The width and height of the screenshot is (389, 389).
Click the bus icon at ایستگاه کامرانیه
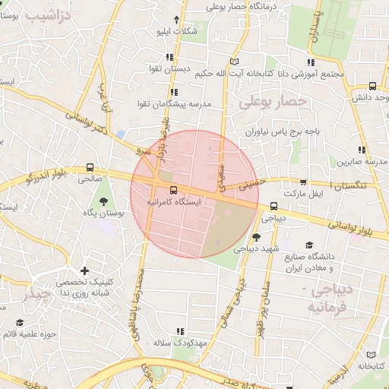[174, 190]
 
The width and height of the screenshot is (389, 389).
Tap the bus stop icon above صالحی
[90, 167]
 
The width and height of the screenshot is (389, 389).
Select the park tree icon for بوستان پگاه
[103, 201]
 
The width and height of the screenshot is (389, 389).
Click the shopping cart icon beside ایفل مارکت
[304, 182]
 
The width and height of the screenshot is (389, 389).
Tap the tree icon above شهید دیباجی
[256, 236]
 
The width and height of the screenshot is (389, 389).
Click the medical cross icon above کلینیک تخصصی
[84, 270]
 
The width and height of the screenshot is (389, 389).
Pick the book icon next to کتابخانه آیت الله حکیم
[234, 61]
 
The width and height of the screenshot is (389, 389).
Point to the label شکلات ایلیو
[176, 32]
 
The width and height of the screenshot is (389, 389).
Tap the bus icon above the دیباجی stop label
[274, 205]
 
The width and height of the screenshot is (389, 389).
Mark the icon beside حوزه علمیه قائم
[19, 322]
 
